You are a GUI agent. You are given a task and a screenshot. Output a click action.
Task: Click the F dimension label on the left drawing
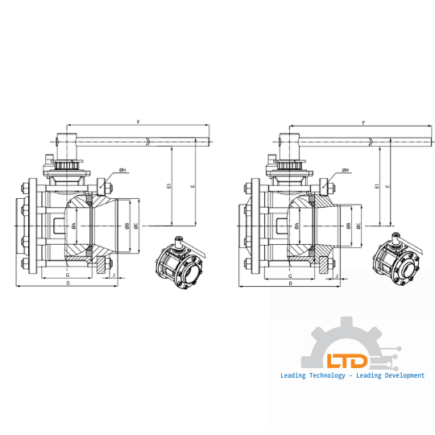click(139, 122)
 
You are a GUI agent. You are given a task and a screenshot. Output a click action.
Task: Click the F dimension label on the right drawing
click(364, 122)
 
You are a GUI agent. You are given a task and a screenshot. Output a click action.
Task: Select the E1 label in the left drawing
click(168, 186)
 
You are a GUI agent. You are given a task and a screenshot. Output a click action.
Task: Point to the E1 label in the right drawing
click(377, 186)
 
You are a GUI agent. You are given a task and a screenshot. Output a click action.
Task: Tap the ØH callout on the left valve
click(122, 170)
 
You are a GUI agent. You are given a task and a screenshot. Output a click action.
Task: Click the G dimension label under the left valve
click(67, 275)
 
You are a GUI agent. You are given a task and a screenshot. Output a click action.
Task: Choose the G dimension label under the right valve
click(289, 275)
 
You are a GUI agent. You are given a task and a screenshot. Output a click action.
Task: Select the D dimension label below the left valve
click(68, 284)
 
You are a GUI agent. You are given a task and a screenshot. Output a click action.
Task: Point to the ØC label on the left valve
click(136, 227)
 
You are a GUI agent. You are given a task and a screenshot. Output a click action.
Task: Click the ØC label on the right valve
click(358, 227)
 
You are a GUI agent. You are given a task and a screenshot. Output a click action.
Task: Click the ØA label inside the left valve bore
click(73, 227)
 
